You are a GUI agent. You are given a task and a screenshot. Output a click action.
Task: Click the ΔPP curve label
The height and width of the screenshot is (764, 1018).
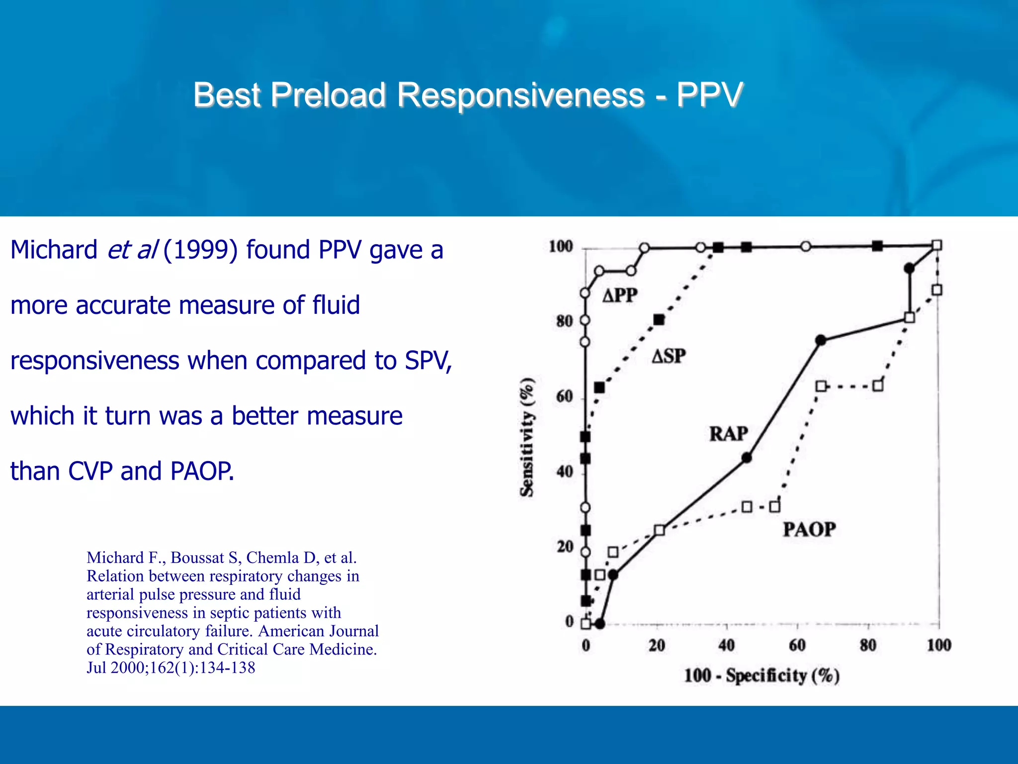pos(619,295)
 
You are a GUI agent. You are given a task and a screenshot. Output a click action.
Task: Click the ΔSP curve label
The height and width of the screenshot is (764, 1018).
pos(669,356)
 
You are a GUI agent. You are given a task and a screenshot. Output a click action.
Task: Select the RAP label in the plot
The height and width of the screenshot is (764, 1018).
pos(728,434)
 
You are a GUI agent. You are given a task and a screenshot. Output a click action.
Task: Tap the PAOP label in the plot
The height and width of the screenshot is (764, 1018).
pos(809,529)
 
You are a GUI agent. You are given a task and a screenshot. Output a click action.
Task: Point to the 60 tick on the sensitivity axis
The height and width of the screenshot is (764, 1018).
pos(565,397)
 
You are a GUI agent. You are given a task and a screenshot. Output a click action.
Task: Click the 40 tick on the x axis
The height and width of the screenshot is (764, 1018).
pos(726,646)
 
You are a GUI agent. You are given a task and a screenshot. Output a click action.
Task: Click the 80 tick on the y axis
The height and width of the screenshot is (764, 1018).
pos(565,321)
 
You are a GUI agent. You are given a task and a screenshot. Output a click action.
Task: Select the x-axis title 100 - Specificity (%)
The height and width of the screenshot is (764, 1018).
pos(762,675)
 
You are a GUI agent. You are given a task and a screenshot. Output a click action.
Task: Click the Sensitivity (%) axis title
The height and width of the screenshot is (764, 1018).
pos(527,437)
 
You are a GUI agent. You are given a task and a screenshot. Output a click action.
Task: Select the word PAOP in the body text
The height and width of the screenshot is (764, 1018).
pos(201,471)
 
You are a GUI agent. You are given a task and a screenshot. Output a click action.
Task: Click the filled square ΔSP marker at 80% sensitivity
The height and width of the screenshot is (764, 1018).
pos(659,320)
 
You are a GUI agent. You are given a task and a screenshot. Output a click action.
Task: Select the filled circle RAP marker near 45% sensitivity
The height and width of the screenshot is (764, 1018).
pos(747,458)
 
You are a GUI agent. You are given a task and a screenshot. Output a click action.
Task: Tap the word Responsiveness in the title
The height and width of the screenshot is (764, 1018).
pos(520,95)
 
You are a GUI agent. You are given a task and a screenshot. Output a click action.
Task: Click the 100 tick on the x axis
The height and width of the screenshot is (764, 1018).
pos(938,646)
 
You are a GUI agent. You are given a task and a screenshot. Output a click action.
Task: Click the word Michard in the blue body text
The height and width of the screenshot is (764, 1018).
pos(54,250)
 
